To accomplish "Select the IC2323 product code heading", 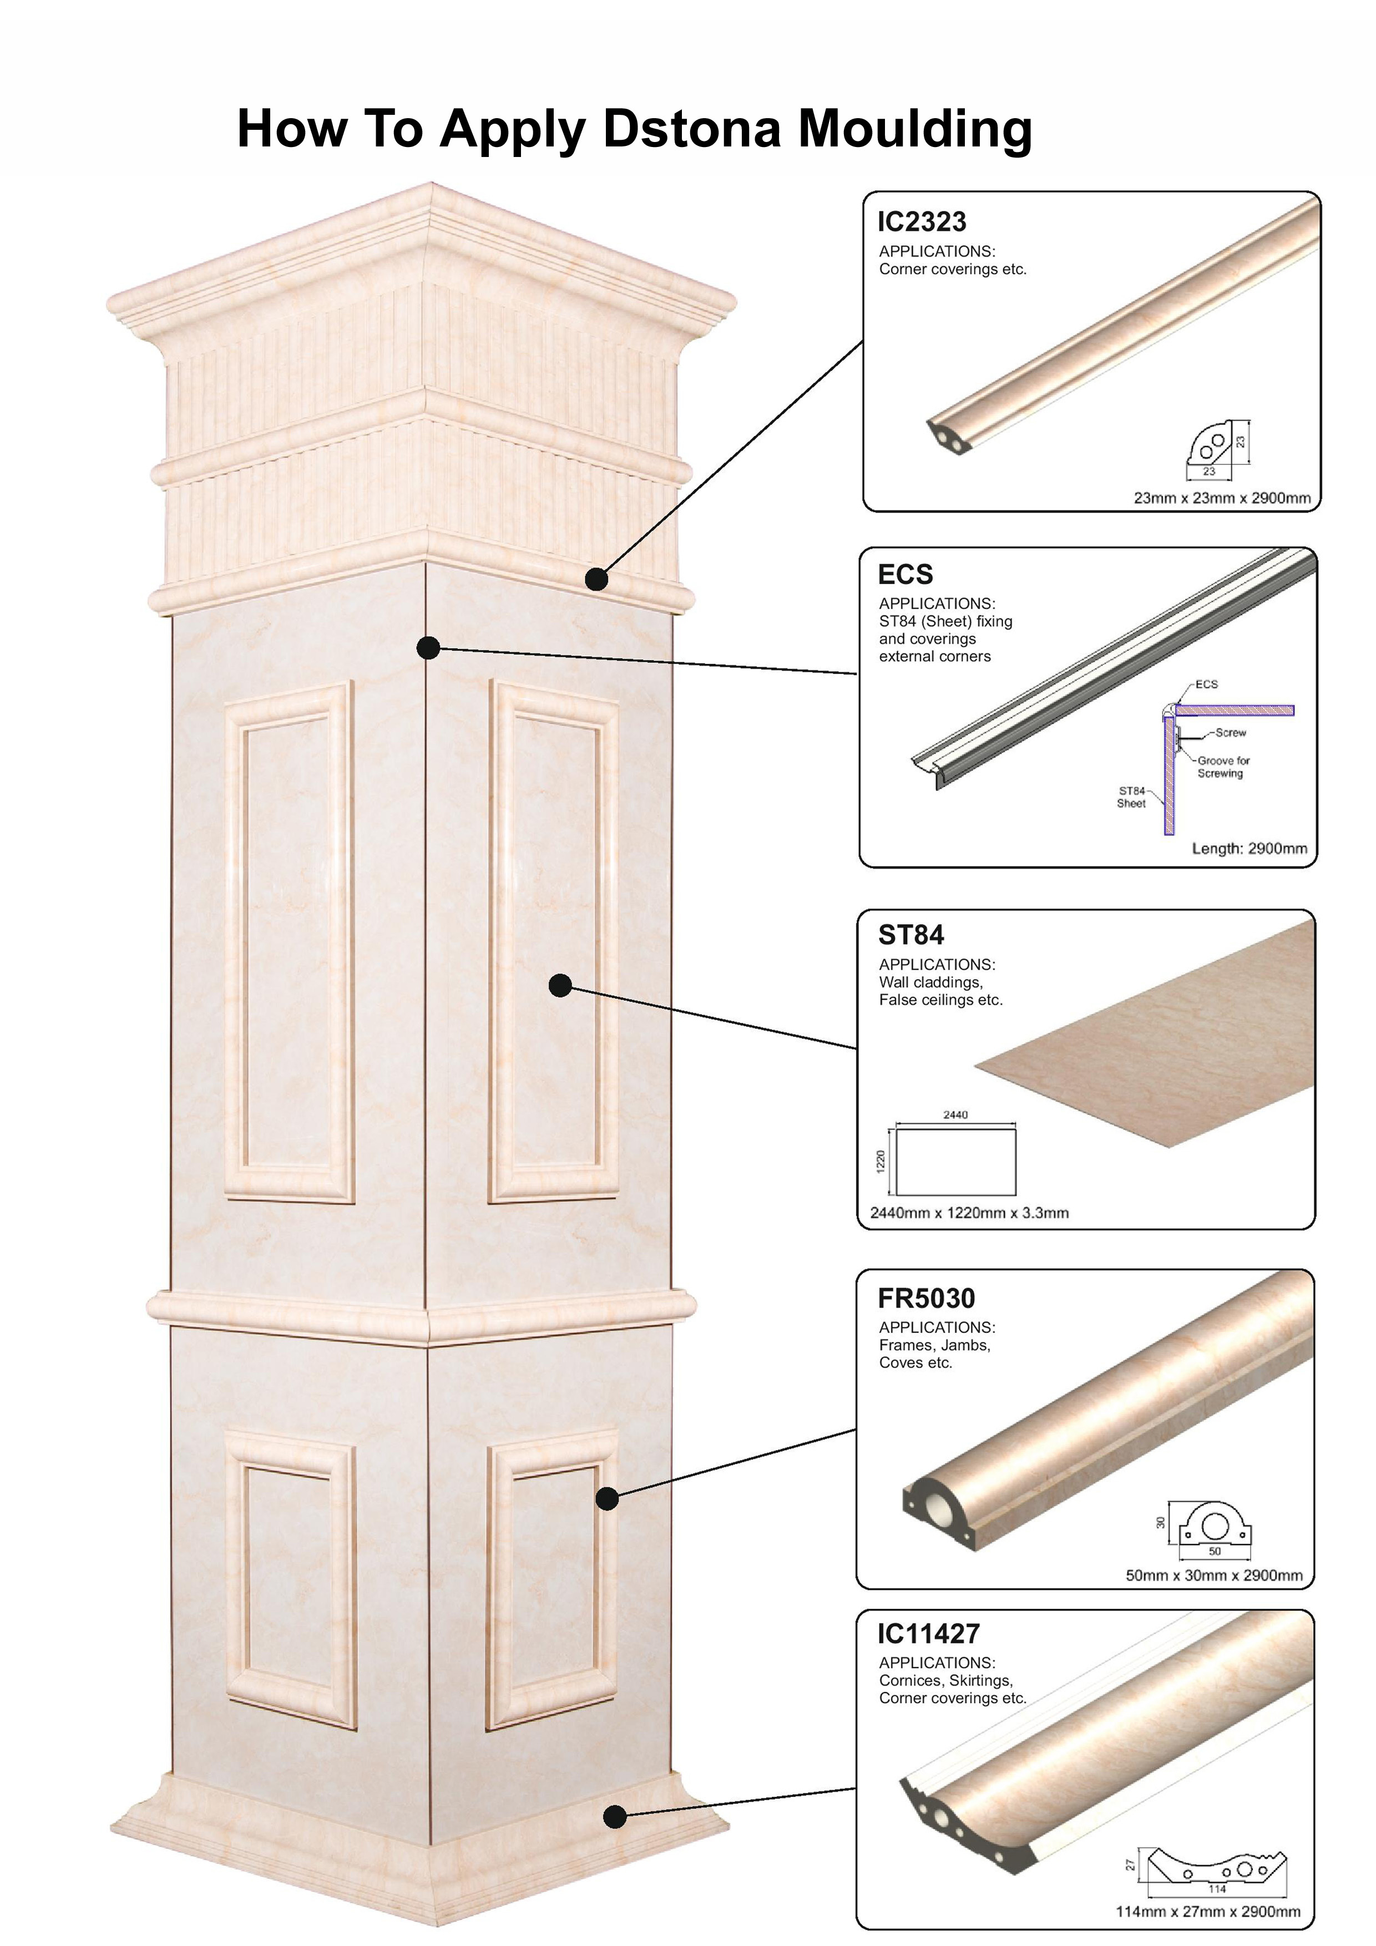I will tap(922, 222).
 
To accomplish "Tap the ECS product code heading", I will tap(904, 575).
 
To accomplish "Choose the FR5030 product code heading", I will tap(926, 1299).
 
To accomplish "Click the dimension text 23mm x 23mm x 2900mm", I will tap(1222, 498).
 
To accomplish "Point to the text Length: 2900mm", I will tap(1249, 848).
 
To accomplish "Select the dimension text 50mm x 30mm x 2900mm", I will tap(1213, 1575).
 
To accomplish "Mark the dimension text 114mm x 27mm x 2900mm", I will tap(1207, 1911).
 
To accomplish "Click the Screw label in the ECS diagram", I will tap(1230, 732).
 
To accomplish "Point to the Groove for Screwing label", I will tap(1222, 767).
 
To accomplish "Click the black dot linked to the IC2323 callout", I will tap(597, 579).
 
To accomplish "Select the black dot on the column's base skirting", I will tap(615, 1816).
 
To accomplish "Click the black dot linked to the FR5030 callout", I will tap(607, 1498).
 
